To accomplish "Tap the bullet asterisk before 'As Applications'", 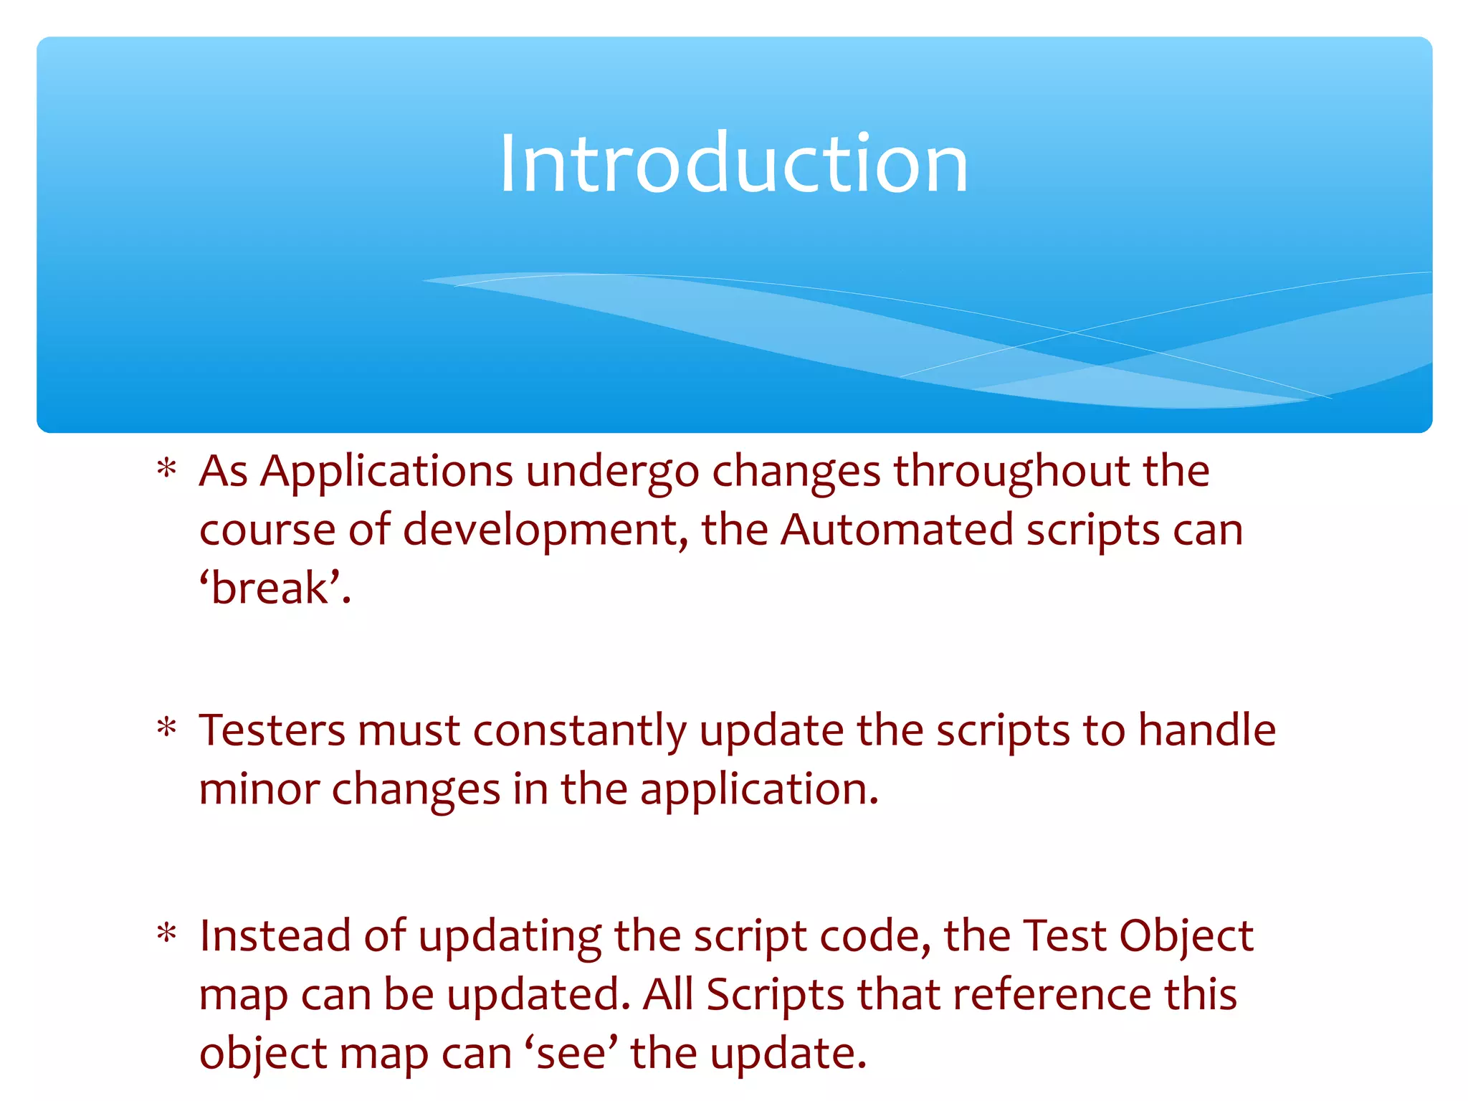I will [167, 470].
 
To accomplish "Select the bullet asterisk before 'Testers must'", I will [167, 728].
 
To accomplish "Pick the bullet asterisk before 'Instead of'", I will [167, 934].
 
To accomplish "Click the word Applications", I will [386, 473].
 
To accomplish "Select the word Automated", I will [897, 530].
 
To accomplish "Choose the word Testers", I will [272, 731].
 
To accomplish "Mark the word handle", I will [1207, 731].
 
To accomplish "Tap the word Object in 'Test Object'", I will [1186, 938].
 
